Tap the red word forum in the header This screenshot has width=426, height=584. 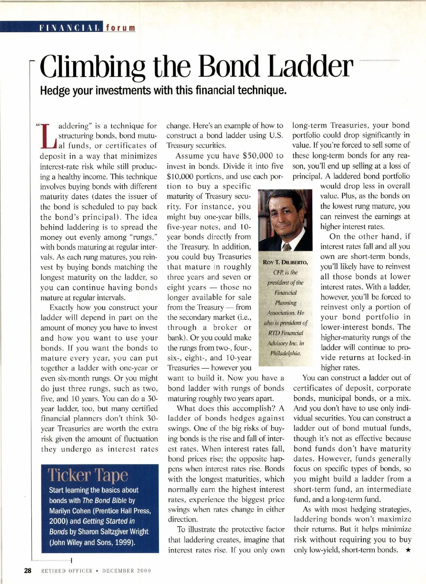pyautogui.click(x=121, y=28)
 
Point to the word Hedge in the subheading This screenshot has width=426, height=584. pyautogui.click(x=55, y=90)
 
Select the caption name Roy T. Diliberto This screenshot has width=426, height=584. pyautogui.click(x=285, y=263)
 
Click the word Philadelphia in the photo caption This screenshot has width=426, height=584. pyautogui.click(x=285, y=353)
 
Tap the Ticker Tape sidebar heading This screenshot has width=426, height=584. pyautogui.click(x=88, y=475)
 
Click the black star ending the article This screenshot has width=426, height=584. pyautogui.click(x=408, y=550)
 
